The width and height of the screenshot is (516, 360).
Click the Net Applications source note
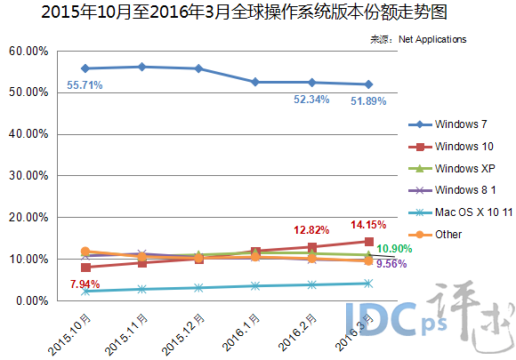pos(417,39)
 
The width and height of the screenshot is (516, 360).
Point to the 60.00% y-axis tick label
pos(28,52)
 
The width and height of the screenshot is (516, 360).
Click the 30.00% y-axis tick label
pos(28,176)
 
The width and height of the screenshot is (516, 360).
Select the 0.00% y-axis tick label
pos(30,301)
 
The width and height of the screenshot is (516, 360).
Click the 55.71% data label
pos(85,85)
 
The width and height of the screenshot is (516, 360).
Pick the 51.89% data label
pos(368,101)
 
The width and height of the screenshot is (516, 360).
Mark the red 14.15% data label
pos(369,225)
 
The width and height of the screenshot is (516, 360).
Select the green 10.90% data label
pos(394,248)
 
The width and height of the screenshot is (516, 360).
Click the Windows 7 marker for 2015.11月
pos(141,67)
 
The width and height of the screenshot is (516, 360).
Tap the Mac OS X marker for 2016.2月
pos(311,284)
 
